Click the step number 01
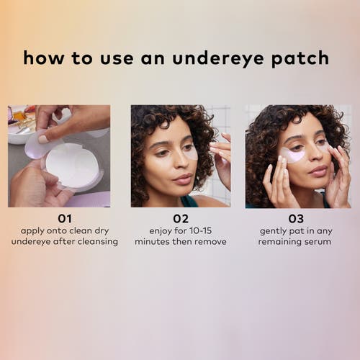coord(65,218)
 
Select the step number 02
coord(180,218)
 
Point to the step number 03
coord(296,218)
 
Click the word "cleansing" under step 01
coord(95,242)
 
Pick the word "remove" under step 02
coord(209,242)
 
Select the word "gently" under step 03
coord(274,230)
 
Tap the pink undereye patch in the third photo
coord(292,155)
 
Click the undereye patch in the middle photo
coord(189,153)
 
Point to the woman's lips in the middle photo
coord(182,179)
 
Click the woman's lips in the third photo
coord(316,170)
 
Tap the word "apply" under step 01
coord(34,230)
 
